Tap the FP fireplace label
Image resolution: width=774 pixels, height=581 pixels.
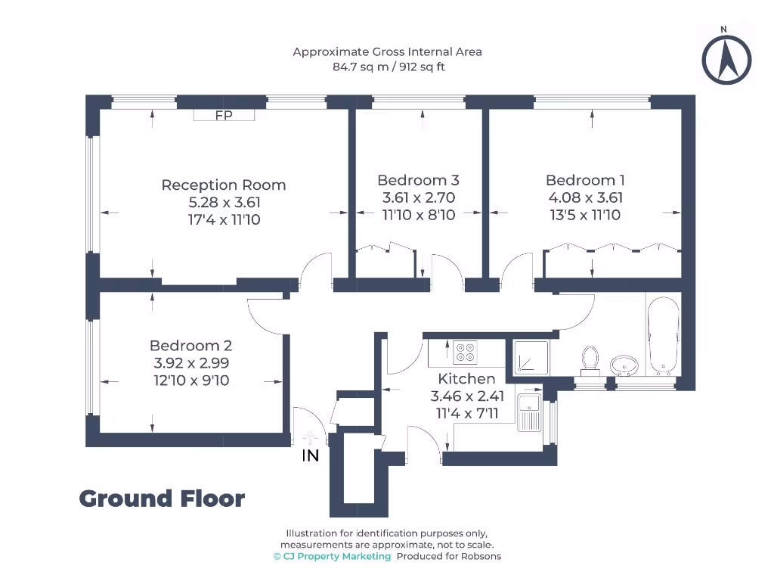[224, 115]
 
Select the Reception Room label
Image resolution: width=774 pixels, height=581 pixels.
[224, 185]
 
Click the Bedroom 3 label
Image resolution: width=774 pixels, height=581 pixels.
[418, 180]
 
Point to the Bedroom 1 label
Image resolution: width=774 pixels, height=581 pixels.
[585, 180]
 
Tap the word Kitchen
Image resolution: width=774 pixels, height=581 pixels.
[467, 378]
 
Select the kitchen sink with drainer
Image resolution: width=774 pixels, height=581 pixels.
[529, 413]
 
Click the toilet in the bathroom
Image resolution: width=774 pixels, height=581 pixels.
[590, 359]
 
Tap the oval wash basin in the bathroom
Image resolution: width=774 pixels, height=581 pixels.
[625, 365]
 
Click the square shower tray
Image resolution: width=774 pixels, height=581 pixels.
[531, 356]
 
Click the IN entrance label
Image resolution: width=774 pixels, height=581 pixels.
[310, 456]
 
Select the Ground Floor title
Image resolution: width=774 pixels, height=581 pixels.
[162, 499]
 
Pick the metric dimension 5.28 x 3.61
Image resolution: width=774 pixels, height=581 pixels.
[224, 202]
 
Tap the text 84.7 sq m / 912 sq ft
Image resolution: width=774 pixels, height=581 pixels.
[387, 66]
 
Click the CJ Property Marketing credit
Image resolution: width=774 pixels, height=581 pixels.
[333, 556]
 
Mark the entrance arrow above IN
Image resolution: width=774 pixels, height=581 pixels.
[310, 438]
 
